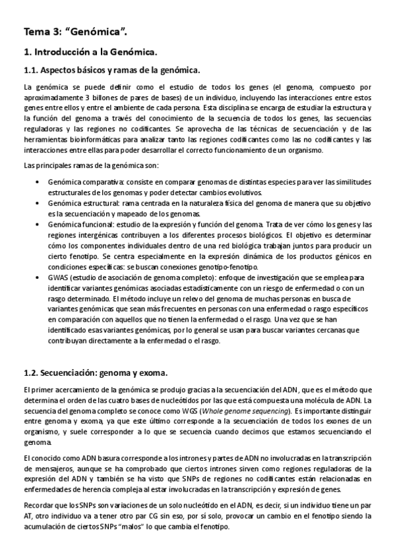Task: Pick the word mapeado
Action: click(141, 214)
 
